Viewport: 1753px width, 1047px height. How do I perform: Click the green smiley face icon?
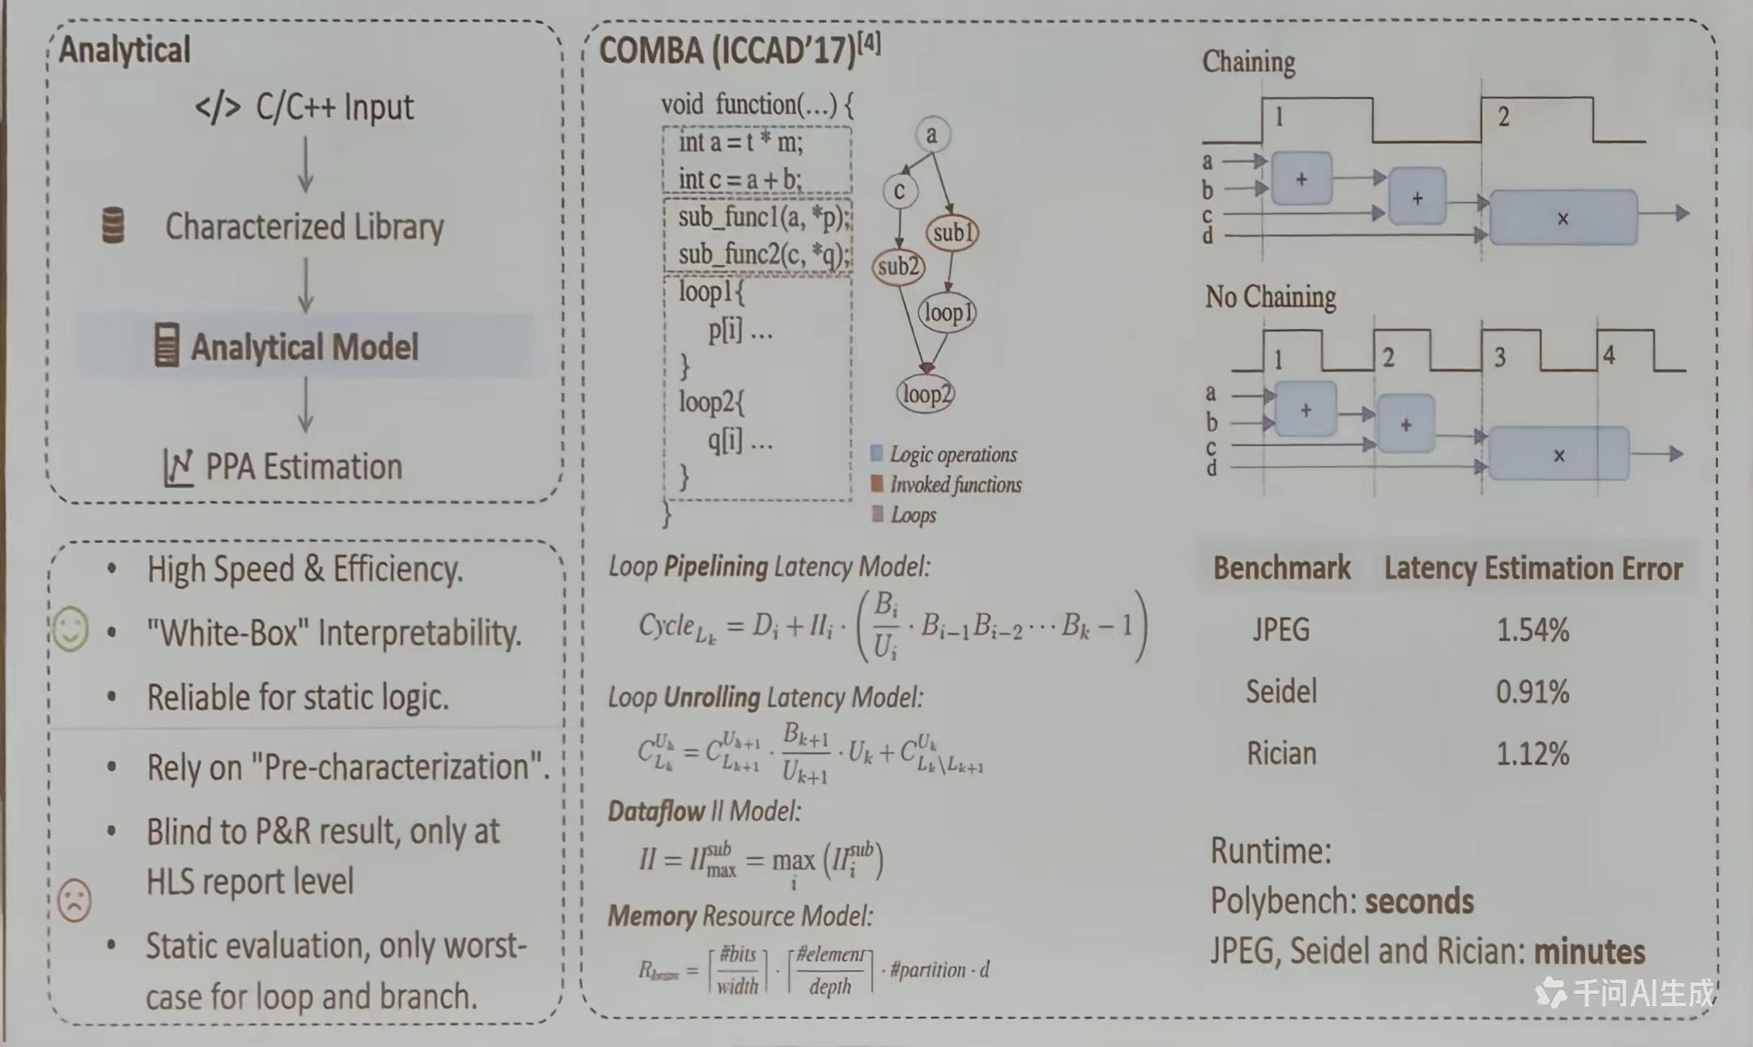(70, 629)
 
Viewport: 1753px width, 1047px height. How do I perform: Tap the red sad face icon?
(74, 900)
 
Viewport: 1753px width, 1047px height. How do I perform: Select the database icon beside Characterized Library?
(113, 225)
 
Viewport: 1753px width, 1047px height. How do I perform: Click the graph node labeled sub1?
(952, 233)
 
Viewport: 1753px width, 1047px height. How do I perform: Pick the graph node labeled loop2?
(926, 394)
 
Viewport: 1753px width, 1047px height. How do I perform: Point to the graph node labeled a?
(931, 134)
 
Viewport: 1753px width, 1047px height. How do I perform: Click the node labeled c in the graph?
(899, 191)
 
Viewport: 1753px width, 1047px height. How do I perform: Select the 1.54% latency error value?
(1532, 630)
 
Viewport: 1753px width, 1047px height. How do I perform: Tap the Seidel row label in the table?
(1281, 692)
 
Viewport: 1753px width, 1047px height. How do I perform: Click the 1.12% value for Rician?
(1532, 753)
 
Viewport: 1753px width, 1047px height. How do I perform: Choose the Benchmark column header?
(1282, 568)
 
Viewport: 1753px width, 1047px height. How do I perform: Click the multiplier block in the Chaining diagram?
(1563, 218)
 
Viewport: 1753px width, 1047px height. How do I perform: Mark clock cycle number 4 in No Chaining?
(1608, 356)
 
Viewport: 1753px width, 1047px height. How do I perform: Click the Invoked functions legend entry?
(955, 485)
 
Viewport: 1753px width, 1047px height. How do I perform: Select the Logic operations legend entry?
(952, 455)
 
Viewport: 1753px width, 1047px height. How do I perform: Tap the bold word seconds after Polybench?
(1419, 901)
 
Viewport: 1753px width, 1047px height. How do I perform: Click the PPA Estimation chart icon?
(178, 468)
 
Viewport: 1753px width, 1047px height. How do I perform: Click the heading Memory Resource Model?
(740, 916)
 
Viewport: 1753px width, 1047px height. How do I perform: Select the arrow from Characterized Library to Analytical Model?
(305, 285)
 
